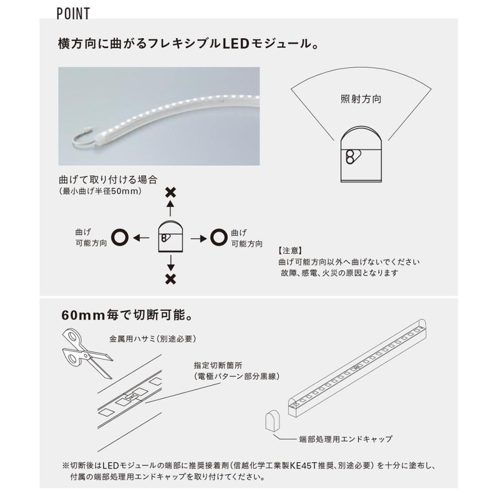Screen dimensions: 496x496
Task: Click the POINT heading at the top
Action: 73,14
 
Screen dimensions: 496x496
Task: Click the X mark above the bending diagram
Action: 171,192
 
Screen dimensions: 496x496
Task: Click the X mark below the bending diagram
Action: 171,279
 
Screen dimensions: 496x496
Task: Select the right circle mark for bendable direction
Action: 218,238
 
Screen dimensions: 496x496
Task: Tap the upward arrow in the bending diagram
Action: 171,208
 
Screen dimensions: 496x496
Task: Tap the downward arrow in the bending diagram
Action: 171,261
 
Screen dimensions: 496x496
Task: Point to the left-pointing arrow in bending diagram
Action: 142,238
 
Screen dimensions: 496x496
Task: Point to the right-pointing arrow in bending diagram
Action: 197,238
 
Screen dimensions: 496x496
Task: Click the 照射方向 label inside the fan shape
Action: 361,100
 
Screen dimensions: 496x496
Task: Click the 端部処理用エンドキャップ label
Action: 346,439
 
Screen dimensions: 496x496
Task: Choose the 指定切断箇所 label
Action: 219,365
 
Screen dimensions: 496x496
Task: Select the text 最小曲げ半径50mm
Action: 100,191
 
